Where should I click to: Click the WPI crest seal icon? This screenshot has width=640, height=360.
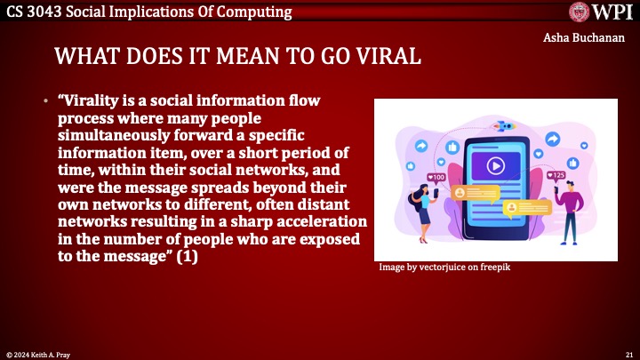coord(580,12)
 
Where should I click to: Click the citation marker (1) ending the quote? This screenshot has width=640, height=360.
coord(188,257)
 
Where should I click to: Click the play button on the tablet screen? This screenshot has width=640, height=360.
coord(495,165)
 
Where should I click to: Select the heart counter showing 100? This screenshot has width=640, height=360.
coord(436,177)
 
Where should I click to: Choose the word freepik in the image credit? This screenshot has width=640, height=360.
coord(495,267)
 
